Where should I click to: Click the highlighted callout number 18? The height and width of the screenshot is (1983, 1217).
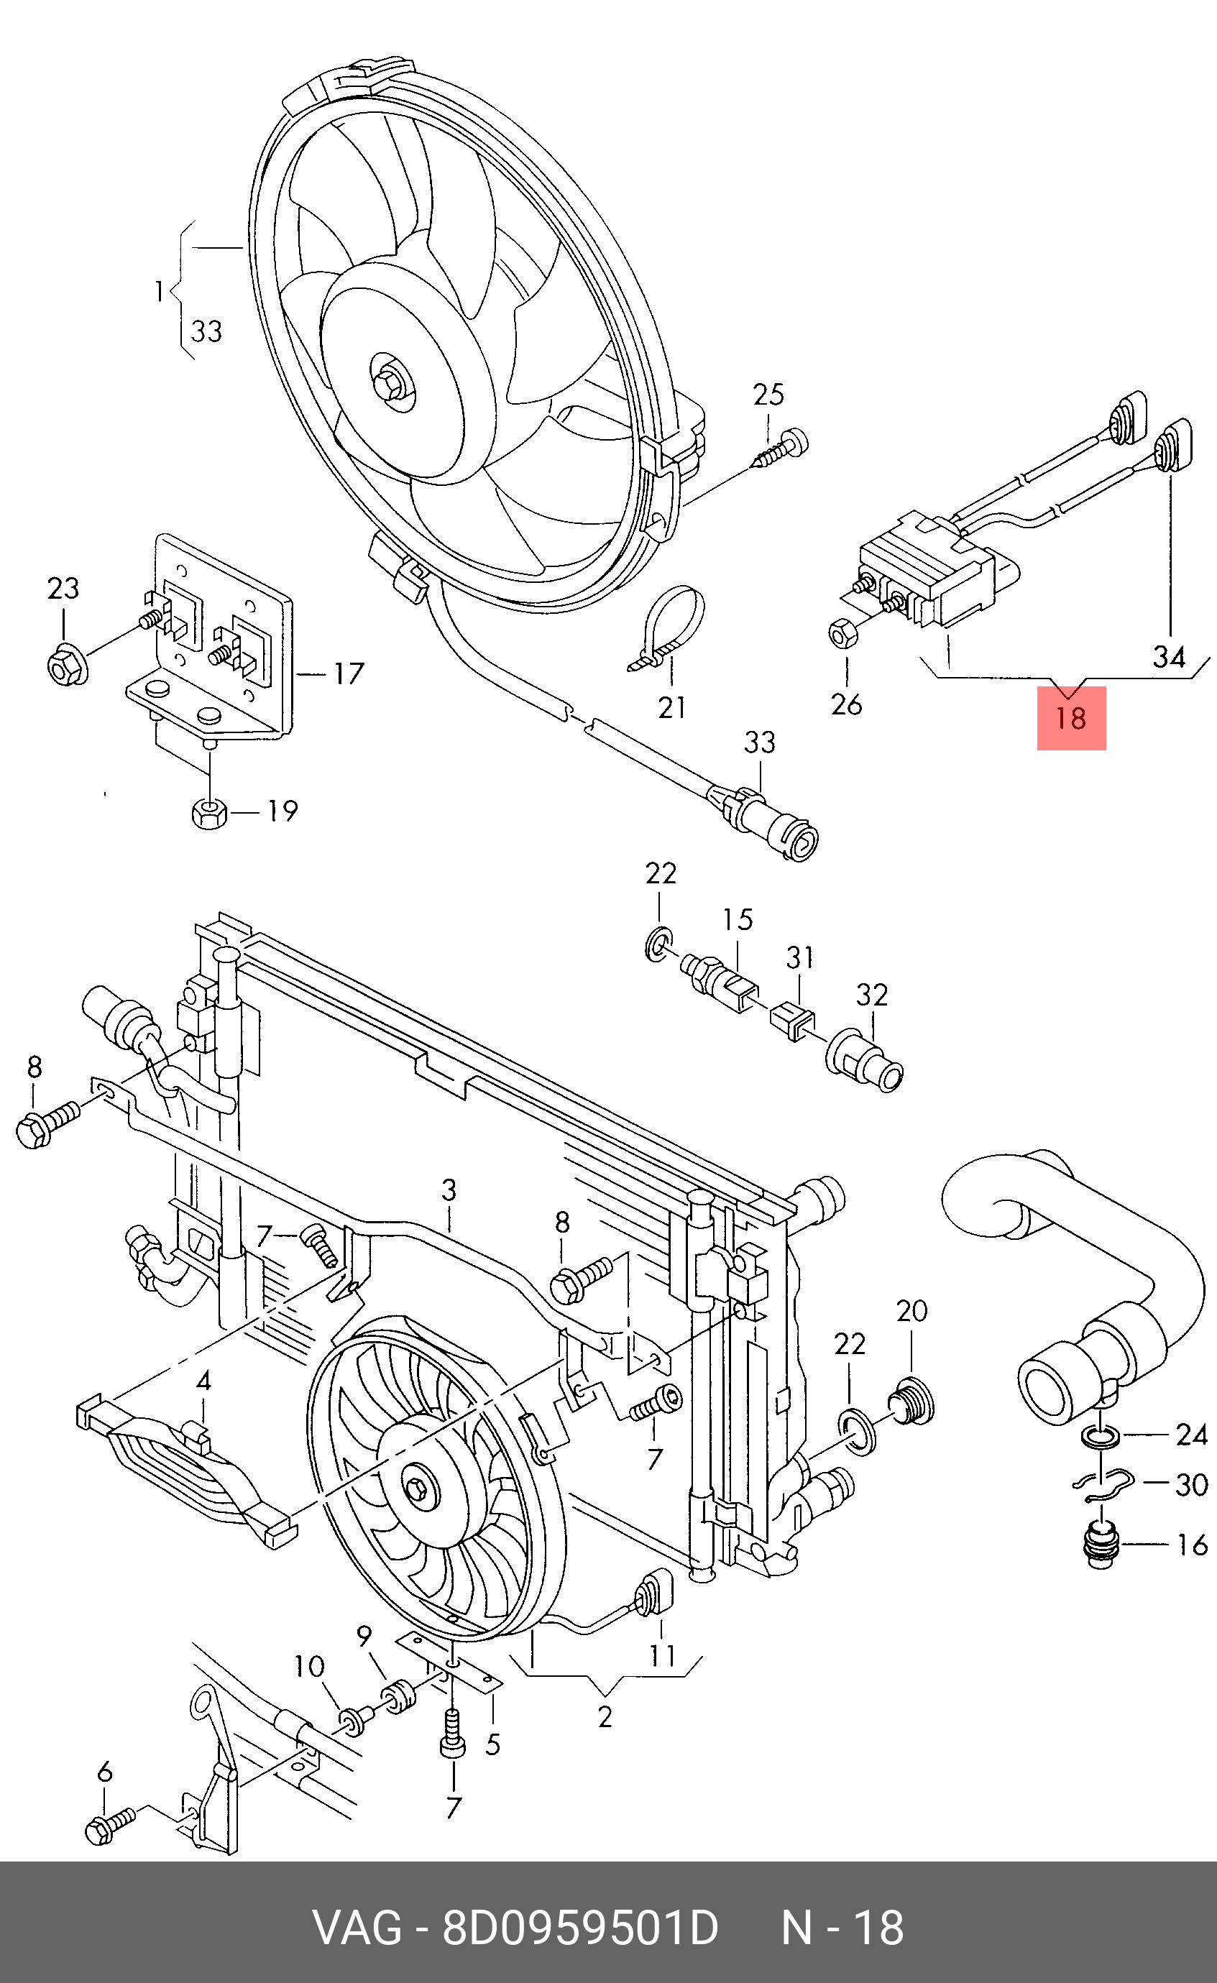1070,718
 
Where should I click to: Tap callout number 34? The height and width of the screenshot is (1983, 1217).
1170,657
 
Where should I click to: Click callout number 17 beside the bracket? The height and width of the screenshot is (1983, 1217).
349,673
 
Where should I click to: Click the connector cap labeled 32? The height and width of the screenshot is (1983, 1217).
865,1059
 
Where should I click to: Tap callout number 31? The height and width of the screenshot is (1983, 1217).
800,957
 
